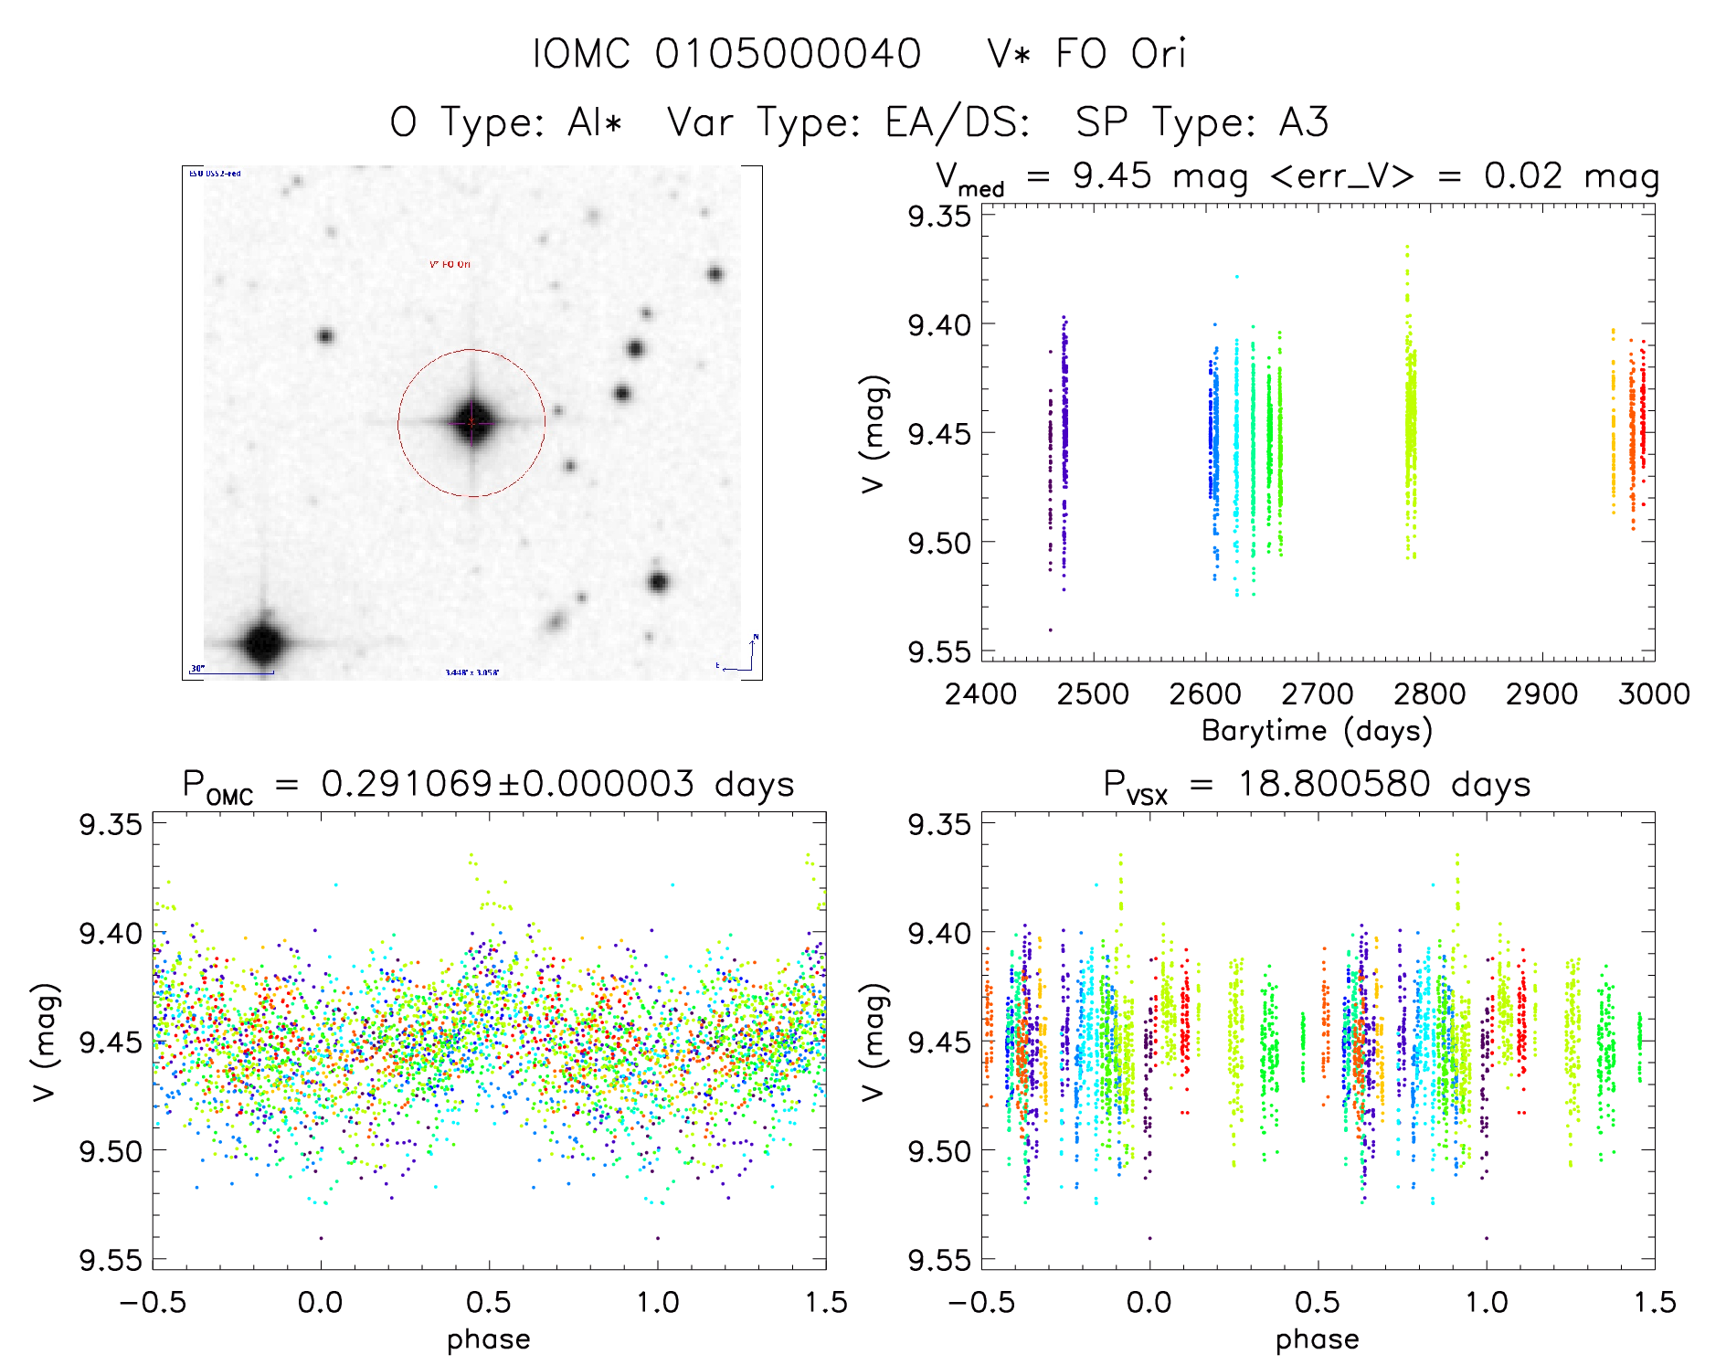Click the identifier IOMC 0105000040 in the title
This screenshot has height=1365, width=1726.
pos(726,54)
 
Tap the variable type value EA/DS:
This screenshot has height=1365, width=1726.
pos(958,122)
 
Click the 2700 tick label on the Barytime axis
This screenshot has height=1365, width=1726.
pos(1318,694)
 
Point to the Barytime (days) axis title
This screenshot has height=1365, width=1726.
pos(1317,731)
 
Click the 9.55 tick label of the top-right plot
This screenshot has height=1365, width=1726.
pos(938,651)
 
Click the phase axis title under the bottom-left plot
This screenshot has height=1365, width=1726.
pos(489,1339)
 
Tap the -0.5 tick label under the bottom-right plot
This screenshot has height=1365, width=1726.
pos(981,1303)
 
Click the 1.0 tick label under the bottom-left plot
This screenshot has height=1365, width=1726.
pos(658,1303)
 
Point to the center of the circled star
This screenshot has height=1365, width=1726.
pos(471,422)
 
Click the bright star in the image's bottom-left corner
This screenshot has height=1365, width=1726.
pos(263,642)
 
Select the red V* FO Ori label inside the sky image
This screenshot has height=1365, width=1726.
pos(450,265)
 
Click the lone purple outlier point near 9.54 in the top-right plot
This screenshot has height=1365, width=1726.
pos(1050,630)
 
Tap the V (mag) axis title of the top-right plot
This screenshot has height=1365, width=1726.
pos(874,433)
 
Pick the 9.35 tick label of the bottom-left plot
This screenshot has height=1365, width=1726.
pos(111,824)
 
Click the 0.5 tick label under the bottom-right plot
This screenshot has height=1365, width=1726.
pos(1318,1303)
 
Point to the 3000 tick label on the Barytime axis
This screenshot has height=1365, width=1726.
pos(1654,694)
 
